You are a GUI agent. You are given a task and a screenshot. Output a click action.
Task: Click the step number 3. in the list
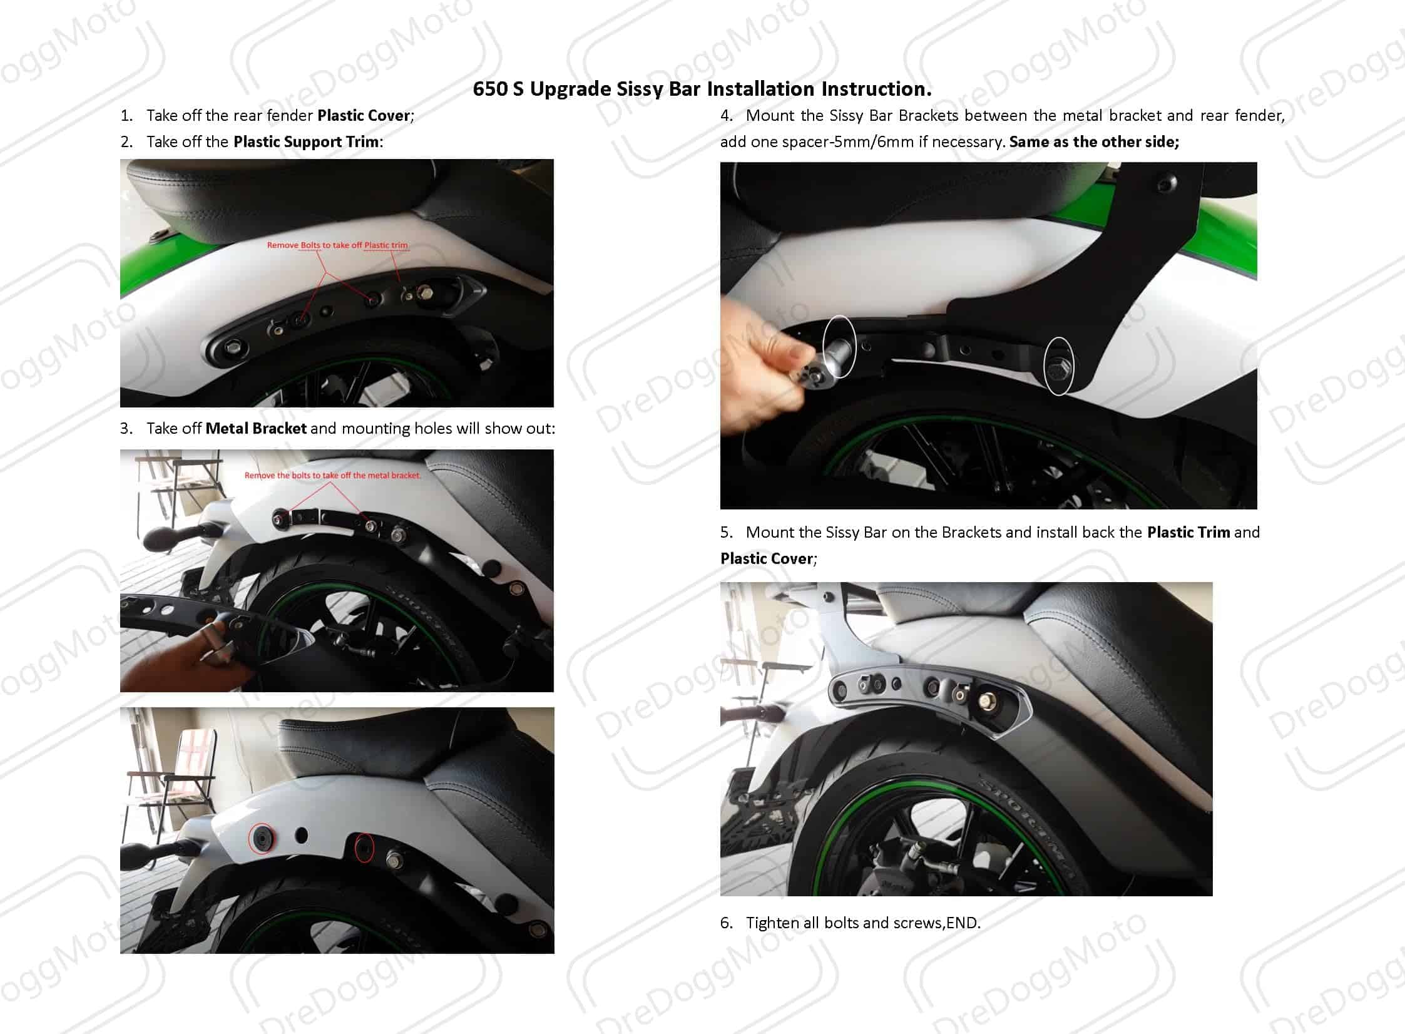pyautogui.click(x=126, y=429)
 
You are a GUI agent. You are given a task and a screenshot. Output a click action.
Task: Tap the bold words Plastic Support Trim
pyautogui.click(x=307, y=142)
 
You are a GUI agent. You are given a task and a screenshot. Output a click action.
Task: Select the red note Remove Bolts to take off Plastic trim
pyautogui.click(x=337, y=245)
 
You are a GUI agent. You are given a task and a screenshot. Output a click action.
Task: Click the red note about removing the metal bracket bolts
pyautogui.click(x=332, y=476)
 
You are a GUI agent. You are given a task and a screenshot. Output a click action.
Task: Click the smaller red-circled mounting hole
pyautogui.click(x=364, y=847)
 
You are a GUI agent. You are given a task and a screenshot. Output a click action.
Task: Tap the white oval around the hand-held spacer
pyautogui.click(x=839, y=346)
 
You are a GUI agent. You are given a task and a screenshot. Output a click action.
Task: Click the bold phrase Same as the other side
pyautogui.click(x=1095, y=142)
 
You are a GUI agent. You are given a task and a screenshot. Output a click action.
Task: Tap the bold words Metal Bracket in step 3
pyautogui.click(x=256, y=429)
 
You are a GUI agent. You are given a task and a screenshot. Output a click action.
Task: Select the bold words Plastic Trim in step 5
pyautogui.click(x=1188, y=533)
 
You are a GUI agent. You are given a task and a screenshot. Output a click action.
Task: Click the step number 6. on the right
pyautogui.click(x=727, y=923)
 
